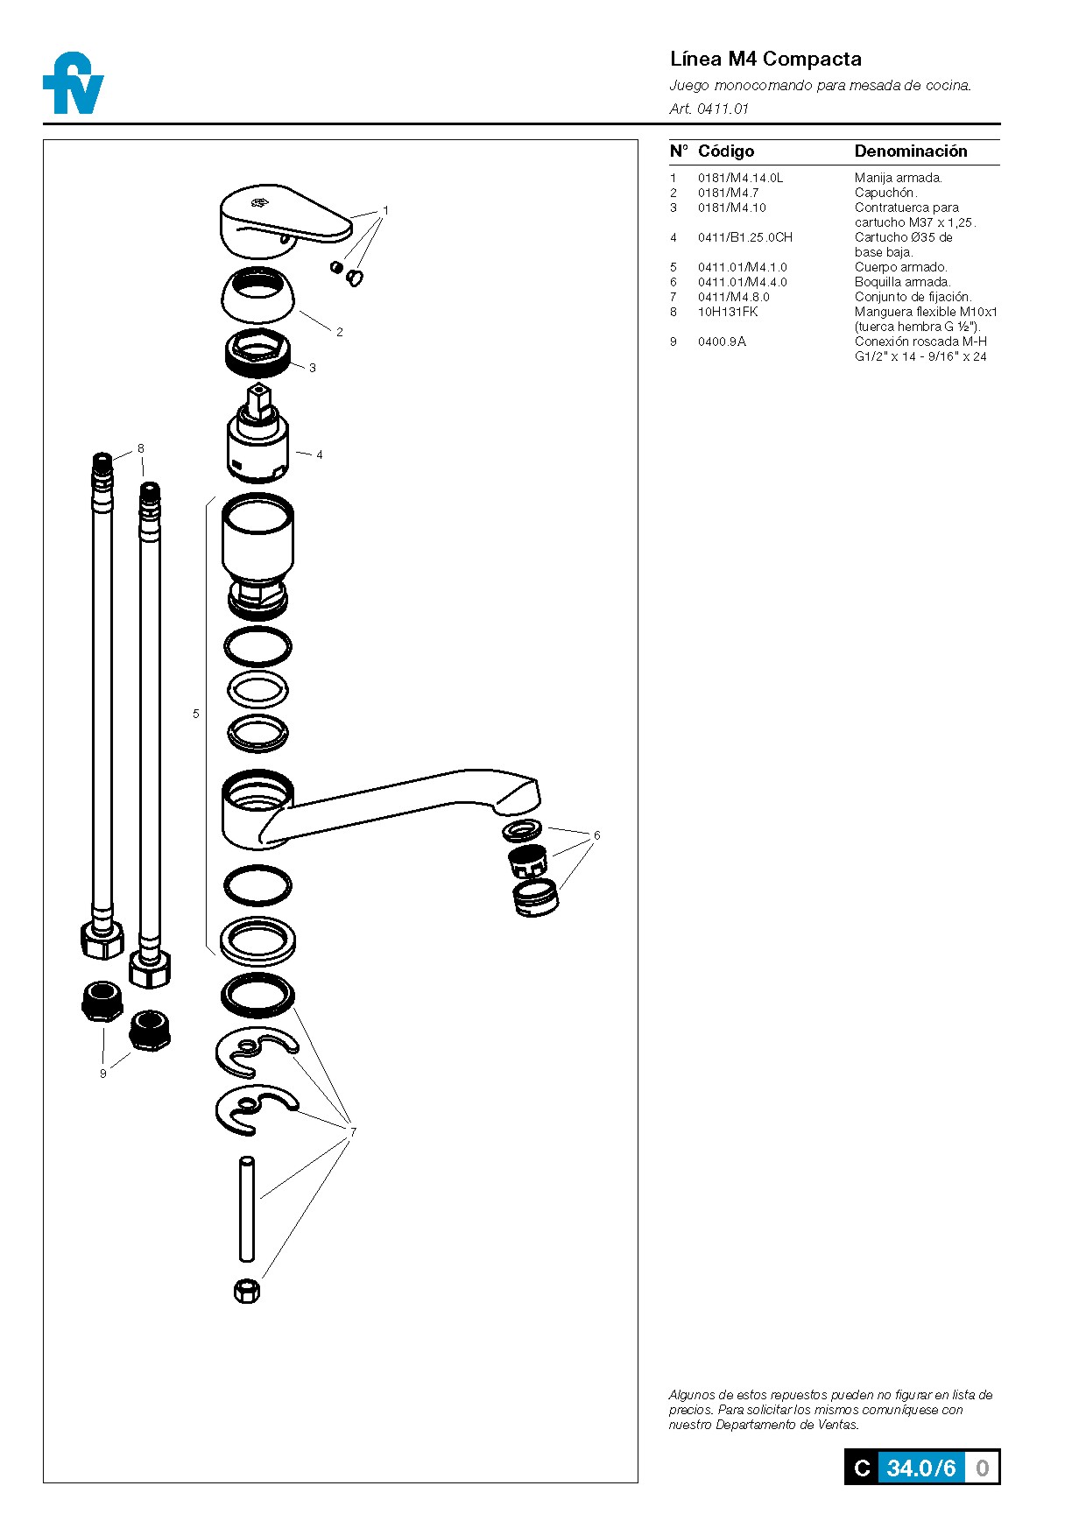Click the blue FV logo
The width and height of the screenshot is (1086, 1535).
[74, 84]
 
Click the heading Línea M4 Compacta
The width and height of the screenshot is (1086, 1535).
[765, 60]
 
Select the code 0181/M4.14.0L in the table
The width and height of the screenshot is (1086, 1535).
[740, 178]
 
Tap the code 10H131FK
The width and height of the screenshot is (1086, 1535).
[727, 312]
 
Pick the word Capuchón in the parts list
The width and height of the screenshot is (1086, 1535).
[885, 193]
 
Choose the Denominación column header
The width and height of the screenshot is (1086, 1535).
[911, 151]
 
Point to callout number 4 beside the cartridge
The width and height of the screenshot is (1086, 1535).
[320, 454]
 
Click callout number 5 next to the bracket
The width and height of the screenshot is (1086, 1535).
[196, 714]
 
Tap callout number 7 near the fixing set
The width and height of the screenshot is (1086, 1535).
[353, 1131]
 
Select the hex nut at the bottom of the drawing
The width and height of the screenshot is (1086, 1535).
[247, 1290]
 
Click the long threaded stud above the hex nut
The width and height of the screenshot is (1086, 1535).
[247, 1208]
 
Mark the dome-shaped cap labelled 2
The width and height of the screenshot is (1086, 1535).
[258, 295]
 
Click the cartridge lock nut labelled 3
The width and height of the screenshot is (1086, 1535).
[257, 352]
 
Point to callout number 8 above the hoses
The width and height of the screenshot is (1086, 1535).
[140, 448]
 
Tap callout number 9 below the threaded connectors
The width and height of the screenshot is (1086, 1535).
[102, 1074]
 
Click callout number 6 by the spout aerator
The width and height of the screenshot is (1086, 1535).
[596, 835]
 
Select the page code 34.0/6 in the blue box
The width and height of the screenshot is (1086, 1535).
[920, 1468]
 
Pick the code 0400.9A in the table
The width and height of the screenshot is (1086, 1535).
[722, 342]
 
